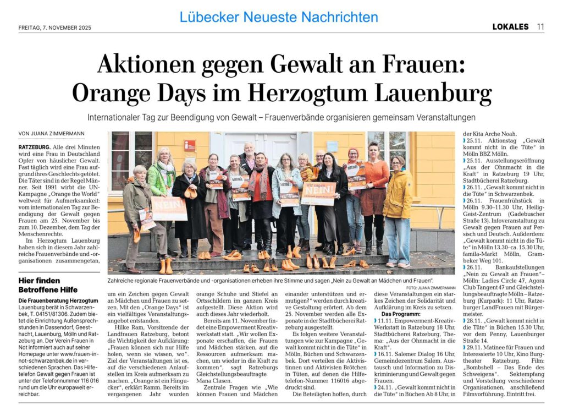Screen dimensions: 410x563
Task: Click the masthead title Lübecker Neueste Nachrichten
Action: click(279, 17)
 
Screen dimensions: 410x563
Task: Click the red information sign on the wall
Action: click(189, 145)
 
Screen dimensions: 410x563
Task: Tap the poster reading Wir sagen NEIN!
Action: click(318, 193)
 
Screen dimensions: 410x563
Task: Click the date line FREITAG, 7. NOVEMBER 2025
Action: click(54, 27)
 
